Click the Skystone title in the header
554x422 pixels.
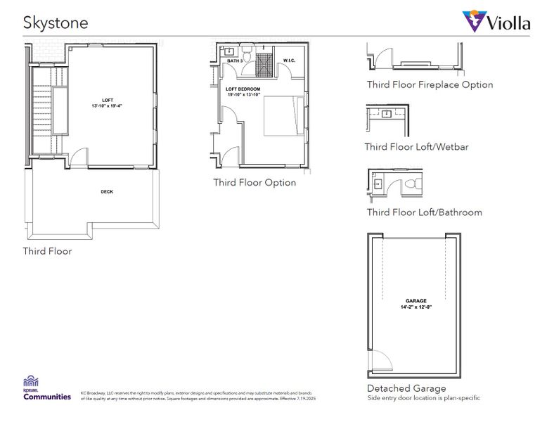coord(56,23)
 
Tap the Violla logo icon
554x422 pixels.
coord(475,21)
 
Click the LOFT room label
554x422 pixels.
coord(106,100)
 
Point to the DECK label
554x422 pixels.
coord(106,191)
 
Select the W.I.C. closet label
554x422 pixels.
coord(290,60)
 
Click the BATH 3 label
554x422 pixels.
coord(234,61)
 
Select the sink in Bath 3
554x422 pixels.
coord(230,51)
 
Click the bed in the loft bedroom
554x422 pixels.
coord(284,115)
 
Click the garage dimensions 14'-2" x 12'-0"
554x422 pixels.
coord(416,307)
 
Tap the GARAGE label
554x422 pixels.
coord(416,300)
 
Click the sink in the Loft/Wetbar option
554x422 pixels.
coord(386,113)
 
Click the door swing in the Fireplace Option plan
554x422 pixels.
coord(384,59)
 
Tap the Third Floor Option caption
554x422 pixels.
coord(255,182)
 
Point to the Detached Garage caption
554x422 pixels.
coord(406,388)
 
